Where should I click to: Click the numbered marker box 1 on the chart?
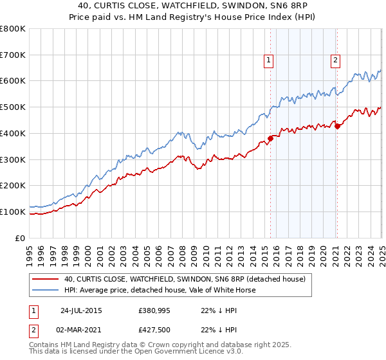(x=268, y=61)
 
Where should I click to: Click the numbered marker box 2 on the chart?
(x=336, y=61)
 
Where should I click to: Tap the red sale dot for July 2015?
(x=271, y=138)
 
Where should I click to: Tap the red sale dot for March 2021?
(x=337, y=125)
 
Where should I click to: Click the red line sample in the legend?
(x=46, y=279)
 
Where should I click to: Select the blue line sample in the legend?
(x=46, y=290)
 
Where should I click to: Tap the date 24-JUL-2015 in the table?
(x=81, y=310)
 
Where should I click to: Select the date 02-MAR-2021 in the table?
(x=81, y=331)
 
